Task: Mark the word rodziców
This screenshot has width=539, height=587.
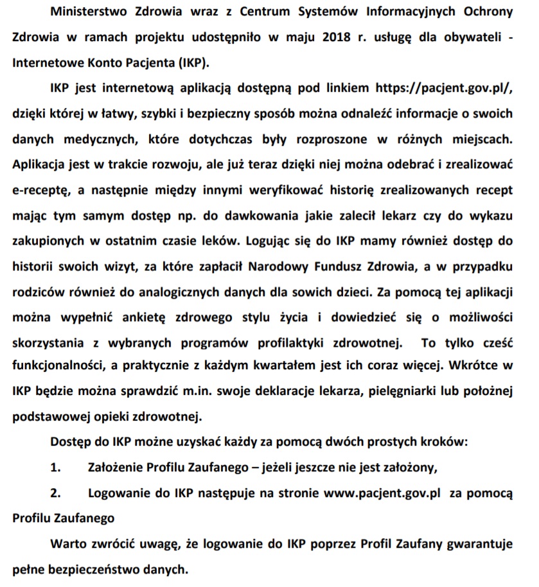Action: click(37, 290)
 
